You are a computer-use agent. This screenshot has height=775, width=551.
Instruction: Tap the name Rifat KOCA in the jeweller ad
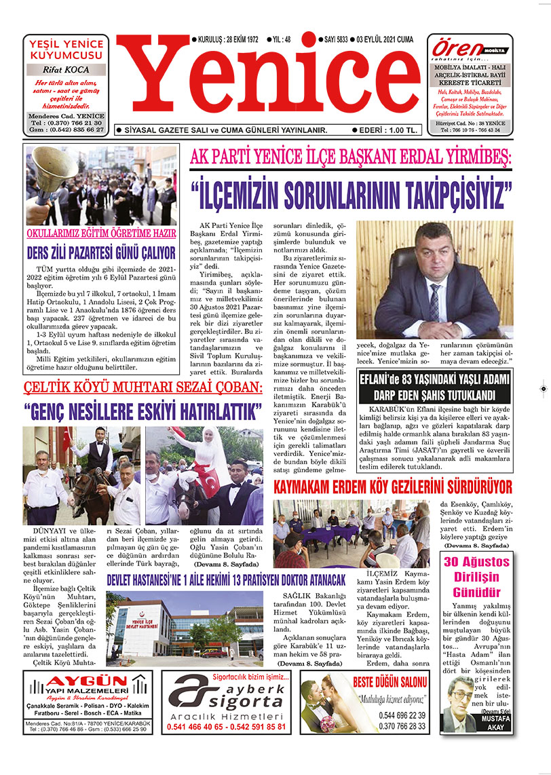(66, 69)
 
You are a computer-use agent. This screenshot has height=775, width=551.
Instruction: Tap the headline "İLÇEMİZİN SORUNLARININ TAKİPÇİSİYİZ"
(351, 194)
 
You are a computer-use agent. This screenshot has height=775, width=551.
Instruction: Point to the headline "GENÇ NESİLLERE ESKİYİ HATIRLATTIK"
(142, 412)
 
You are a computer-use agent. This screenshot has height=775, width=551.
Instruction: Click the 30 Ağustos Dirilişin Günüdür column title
(476, 575)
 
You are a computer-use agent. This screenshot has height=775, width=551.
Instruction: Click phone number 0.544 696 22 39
(403, 715)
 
